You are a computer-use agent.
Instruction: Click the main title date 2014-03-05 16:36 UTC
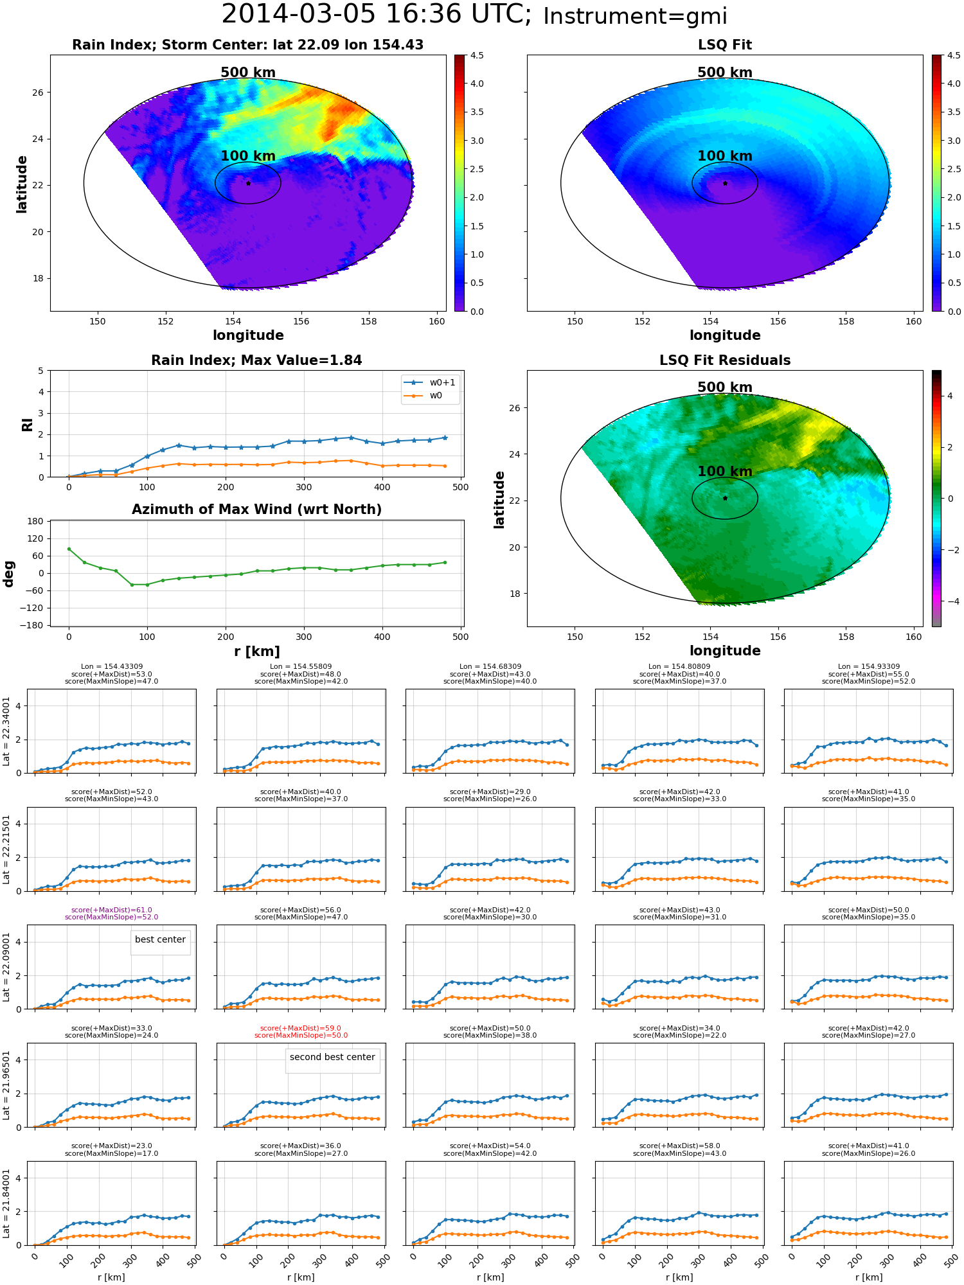[376, 15]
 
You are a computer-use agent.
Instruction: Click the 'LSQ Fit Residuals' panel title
[725, 360]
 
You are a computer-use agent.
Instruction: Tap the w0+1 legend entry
[430, 382]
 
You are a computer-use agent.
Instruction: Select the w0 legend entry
[424, 396]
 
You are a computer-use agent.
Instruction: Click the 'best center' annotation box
[160, 939]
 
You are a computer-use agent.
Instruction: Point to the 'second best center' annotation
[332, 1057]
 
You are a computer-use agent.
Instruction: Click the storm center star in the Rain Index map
[248, 183]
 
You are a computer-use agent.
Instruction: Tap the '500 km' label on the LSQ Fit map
[725, 73]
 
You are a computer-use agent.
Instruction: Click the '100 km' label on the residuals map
[725, 472]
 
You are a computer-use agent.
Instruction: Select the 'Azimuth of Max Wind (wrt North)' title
[256, 510]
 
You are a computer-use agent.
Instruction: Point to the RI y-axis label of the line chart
[28, 424]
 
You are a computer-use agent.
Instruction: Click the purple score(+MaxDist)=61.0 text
[111, 910]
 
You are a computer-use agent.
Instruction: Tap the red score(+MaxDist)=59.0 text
[301, 1028]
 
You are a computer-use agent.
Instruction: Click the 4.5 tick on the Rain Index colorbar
[477, 55]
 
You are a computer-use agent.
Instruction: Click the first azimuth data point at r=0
[69, 549]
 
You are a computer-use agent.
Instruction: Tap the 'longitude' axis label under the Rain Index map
[248, 335]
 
